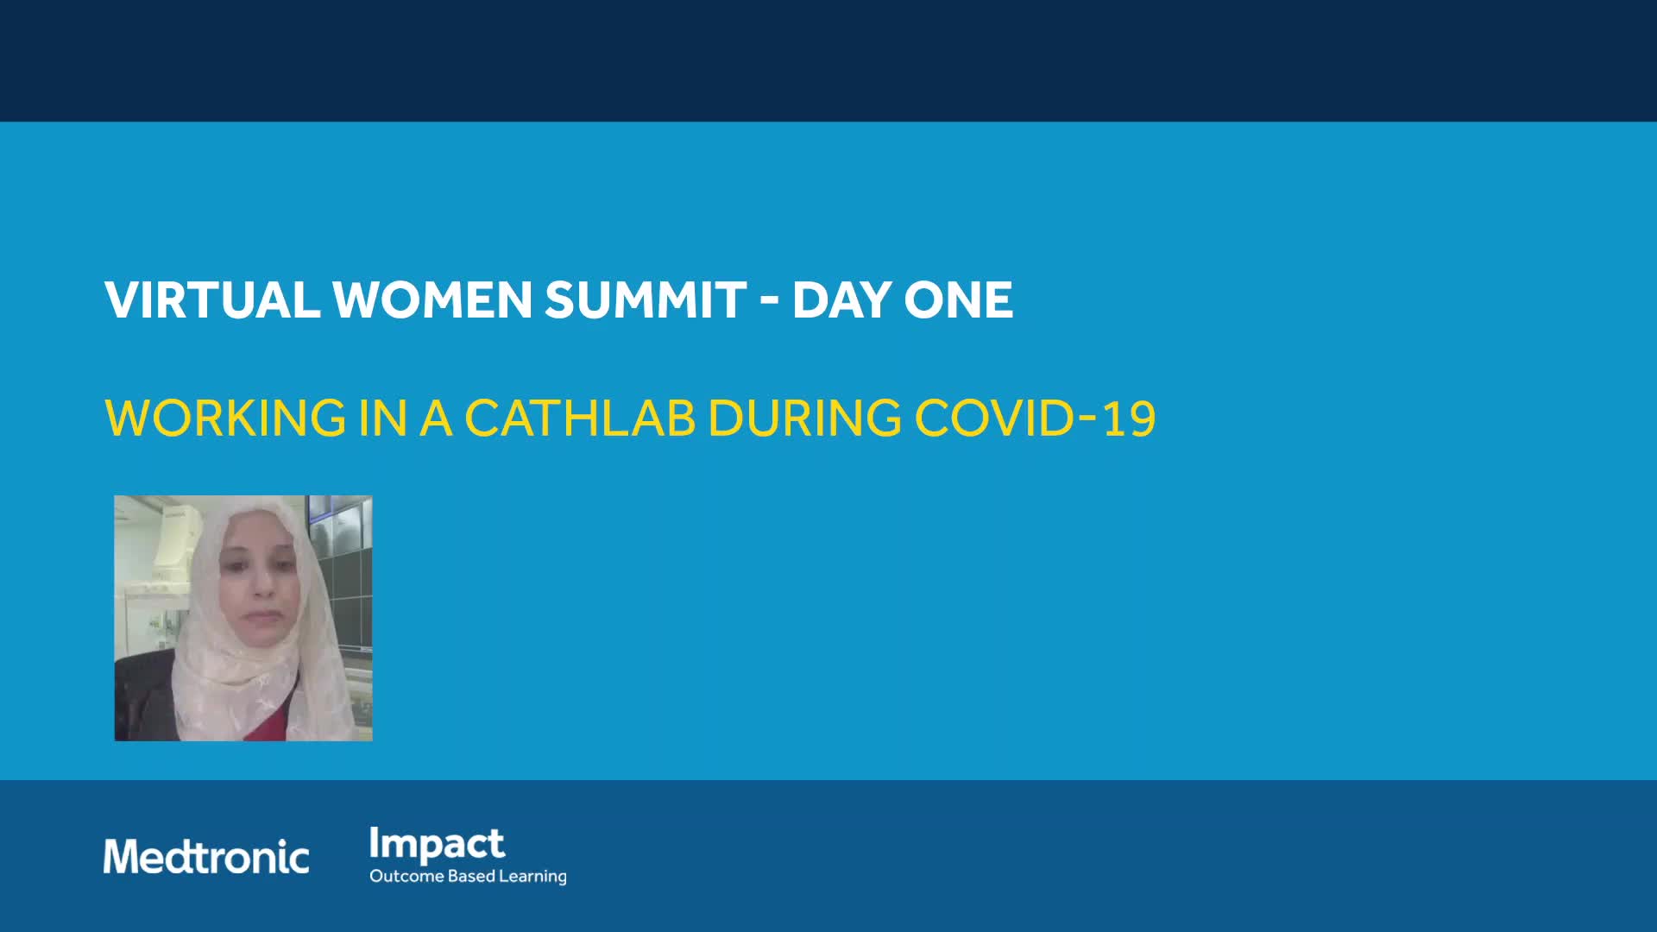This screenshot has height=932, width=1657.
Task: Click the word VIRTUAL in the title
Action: click(x=212, y=300)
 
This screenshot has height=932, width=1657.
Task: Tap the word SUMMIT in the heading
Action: click(x=646, y=300)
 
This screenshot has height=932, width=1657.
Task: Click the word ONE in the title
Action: click(x=958, y=300)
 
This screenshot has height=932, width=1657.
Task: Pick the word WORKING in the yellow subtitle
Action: click(x=225, y=418)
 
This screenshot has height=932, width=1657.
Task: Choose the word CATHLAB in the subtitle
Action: click(x=580, y=418)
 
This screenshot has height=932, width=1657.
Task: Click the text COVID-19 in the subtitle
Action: click(x=1035, y=418)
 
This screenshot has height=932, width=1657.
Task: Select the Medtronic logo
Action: click(x=206, y=857)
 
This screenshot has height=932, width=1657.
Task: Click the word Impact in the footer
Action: click(x=437, y=845)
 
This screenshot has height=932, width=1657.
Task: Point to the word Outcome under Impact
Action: click(x=406, y=876)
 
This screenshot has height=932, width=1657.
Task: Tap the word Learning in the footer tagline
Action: click(x=533, y=877)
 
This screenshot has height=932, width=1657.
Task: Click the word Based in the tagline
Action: click(x=472, y=876)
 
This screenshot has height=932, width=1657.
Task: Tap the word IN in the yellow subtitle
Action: click(x=383, y=418)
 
